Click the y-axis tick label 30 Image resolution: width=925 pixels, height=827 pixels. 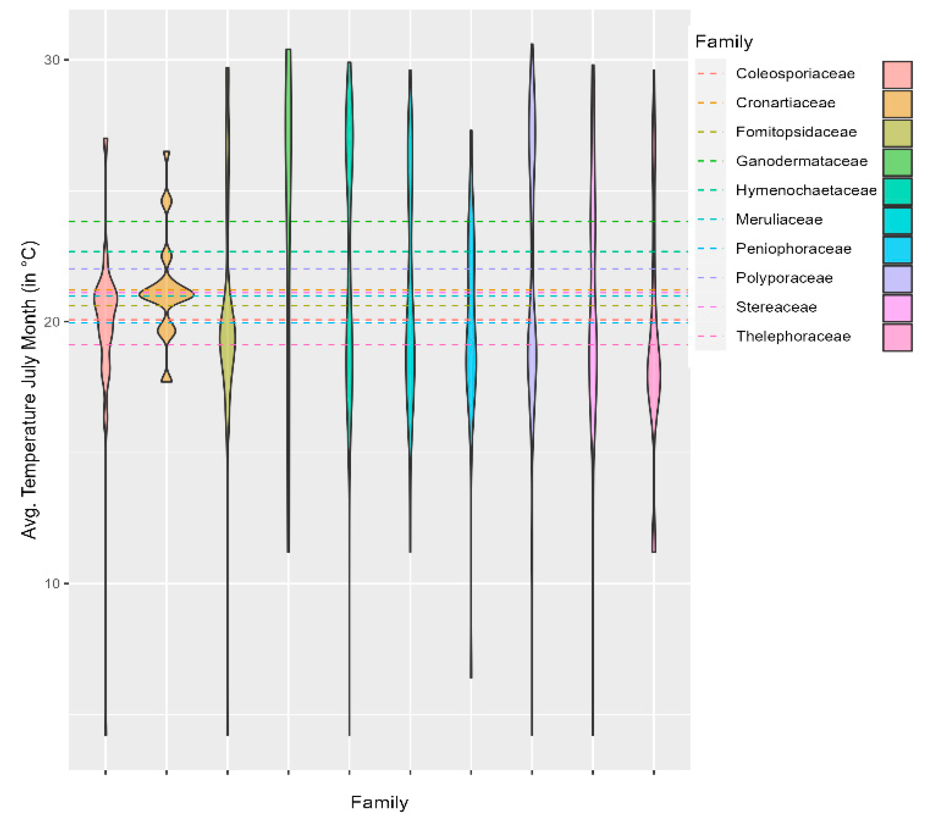(x=52, y=60)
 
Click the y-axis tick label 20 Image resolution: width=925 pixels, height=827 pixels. (x=52, y=322)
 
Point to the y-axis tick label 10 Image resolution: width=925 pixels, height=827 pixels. (x=52, y=584)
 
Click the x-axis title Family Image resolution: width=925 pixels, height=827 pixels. (x=380, y=802)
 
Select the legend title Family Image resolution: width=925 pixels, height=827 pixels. (x=724, y=42)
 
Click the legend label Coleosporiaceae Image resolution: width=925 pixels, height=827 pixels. (x=795, y=73)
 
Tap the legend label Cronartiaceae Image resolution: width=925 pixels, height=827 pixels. (x=785, y=102)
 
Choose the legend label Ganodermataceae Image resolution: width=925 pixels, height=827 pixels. (x=801, y=161)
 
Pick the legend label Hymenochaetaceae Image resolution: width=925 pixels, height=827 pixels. (x=806, y=190)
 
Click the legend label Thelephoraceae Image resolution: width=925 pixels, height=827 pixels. (x=793, y=337)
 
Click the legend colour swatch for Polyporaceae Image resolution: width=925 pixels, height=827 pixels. (x=897, y=278)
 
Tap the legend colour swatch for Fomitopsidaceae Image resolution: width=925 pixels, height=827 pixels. (x=897, y=132)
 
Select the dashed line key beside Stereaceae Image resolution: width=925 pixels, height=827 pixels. (x=710, y=307)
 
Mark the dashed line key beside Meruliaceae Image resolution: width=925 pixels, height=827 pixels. (x=710, y=220)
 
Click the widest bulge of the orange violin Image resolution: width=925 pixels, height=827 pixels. (x=167, y=294)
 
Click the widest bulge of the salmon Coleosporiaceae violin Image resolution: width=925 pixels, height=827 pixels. (x=106, y=298)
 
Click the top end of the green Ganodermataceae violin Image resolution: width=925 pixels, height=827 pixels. (x=288, y=50)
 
